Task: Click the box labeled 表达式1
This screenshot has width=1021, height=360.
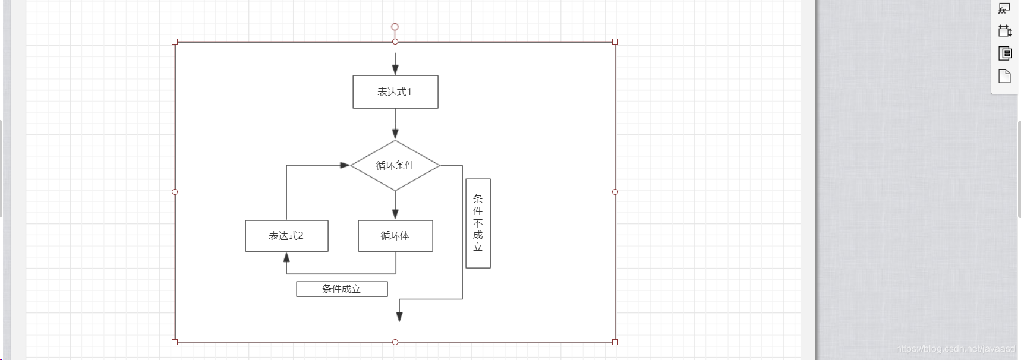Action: [395, 92]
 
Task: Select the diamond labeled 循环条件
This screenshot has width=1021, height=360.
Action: [395, 165]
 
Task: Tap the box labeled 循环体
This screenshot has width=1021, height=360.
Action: [395, 236]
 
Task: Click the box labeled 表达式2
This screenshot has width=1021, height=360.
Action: [286, 236]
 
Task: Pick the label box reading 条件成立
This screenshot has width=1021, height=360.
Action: [342, 289]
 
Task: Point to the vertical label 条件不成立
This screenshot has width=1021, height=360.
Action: [478, 223]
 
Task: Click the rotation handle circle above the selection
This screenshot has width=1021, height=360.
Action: [395, 27]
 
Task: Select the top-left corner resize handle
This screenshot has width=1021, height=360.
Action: [175, 42]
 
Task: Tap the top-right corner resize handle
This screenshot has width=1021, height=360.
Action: [615, 42]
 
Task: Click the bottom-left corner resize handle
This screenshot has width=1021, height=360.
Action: [175, 342]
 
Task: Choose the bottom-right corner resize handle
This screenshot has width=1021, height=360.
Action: [615, 342]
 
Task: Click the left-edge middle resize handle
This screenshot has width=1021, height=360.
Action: [175, 192]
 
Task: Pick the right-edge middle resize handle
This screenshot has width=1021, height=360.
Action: [615, 192]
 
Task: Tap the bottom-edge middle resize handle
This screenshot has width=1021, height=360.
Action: [395, 342]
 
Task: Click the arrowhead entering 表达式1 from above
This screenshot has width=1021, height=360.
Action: [395, 70]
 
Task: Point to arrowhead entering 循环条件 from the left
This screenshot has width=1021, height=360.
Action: [344, 165]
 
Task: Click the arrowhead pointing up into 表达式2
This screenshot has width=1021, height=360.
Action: [286, 258]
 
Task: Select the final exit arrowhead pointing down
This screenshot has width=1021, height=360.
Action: [399, 317]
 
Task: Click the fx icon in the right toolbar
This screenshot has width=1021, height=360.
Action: [1003, 9]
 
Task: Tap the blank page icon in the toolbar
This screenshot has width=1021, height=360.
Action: [1004, 76]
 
